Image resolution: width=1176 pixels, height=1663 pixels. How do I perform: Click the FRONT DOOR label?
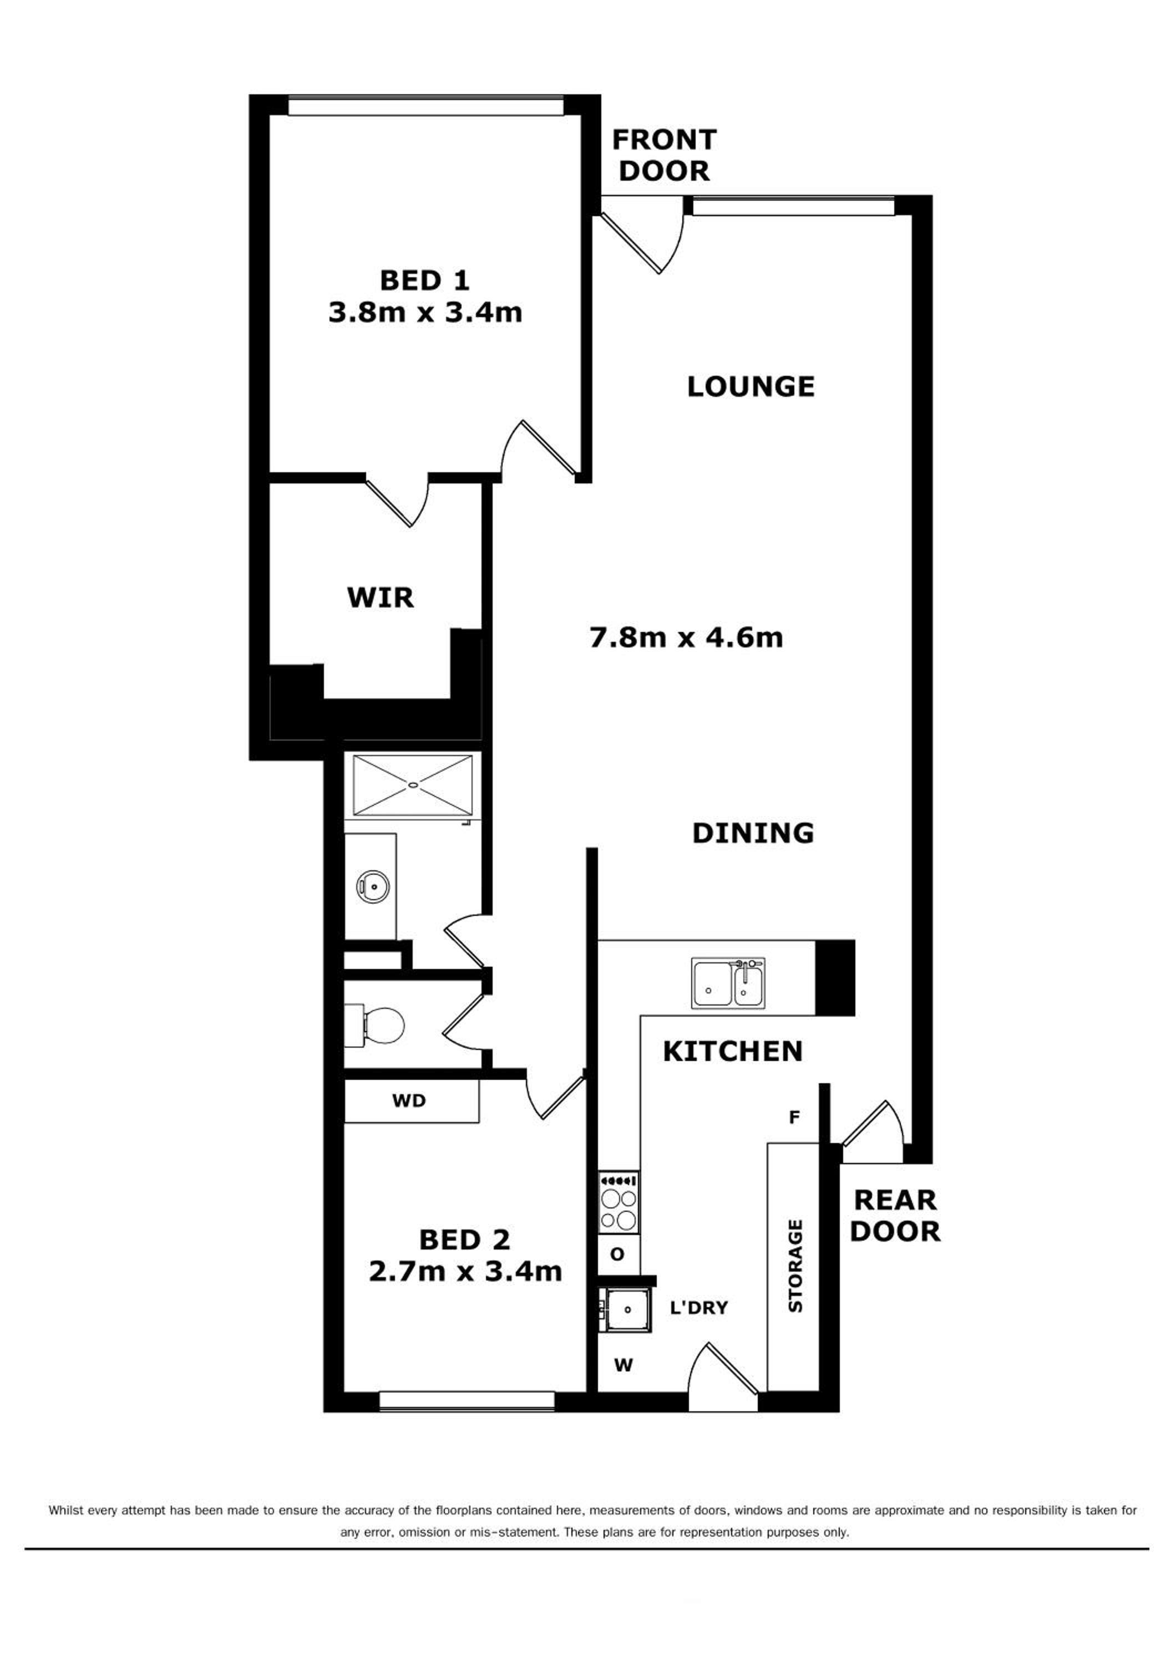[664, 155]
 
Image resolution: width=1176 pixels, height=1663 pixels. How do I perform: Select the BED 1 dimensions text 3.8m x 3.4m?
[425, 313]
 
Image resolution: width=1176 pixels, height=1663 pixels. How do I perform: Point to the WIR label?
[381, 598]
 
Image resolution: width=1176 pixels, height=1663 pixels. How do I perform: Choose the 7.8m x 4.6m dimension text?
[686, 637]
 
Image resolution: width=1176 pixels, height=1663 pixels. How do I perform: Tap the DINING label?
[753, 833]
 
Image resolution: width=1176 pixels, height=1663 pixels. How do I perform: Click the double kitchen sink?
[728, 982]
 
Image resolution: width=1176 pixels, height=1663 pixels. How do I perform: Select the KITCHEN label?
[733, 1051]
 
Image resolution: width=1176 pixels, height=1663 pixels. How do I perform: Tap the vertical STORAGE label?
[795, 1266]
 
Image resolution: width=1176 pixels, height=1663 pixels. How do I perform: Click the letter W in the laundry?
[624, 1365]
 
